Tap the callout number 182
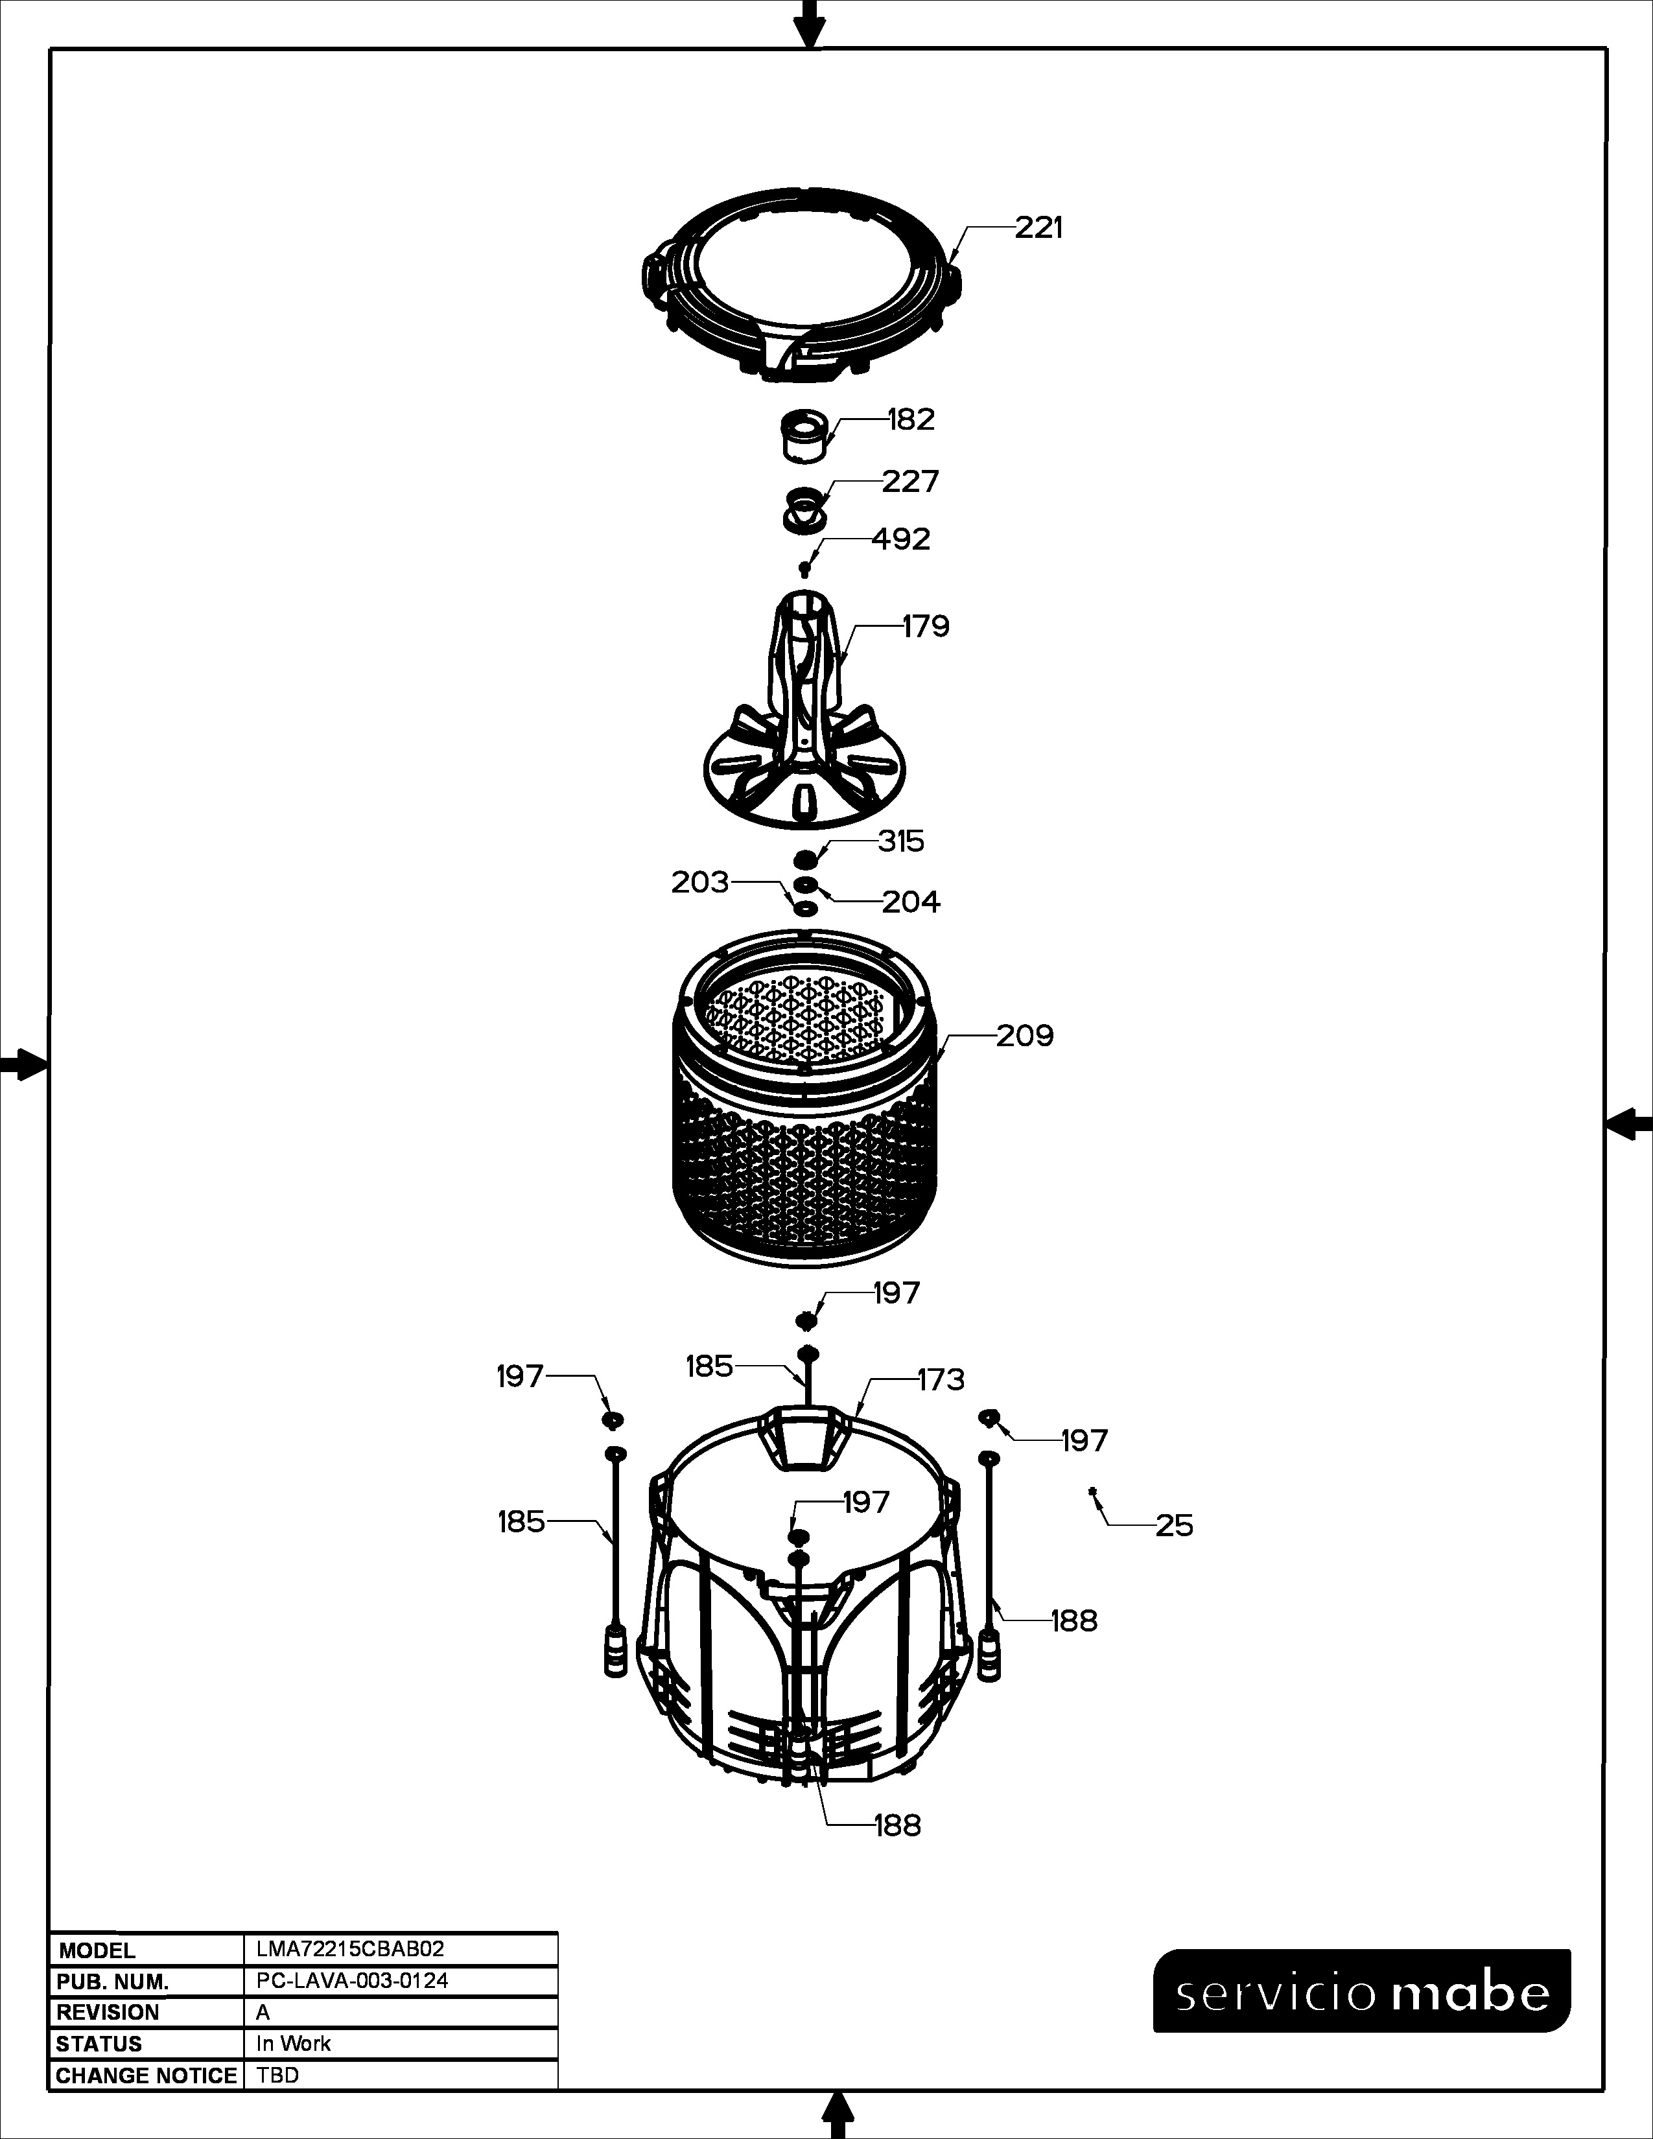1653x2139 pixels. click(911, 419)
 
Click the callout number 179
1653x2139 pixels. click(926, 626)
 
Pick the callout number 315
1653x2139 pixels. click(901, 841)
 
